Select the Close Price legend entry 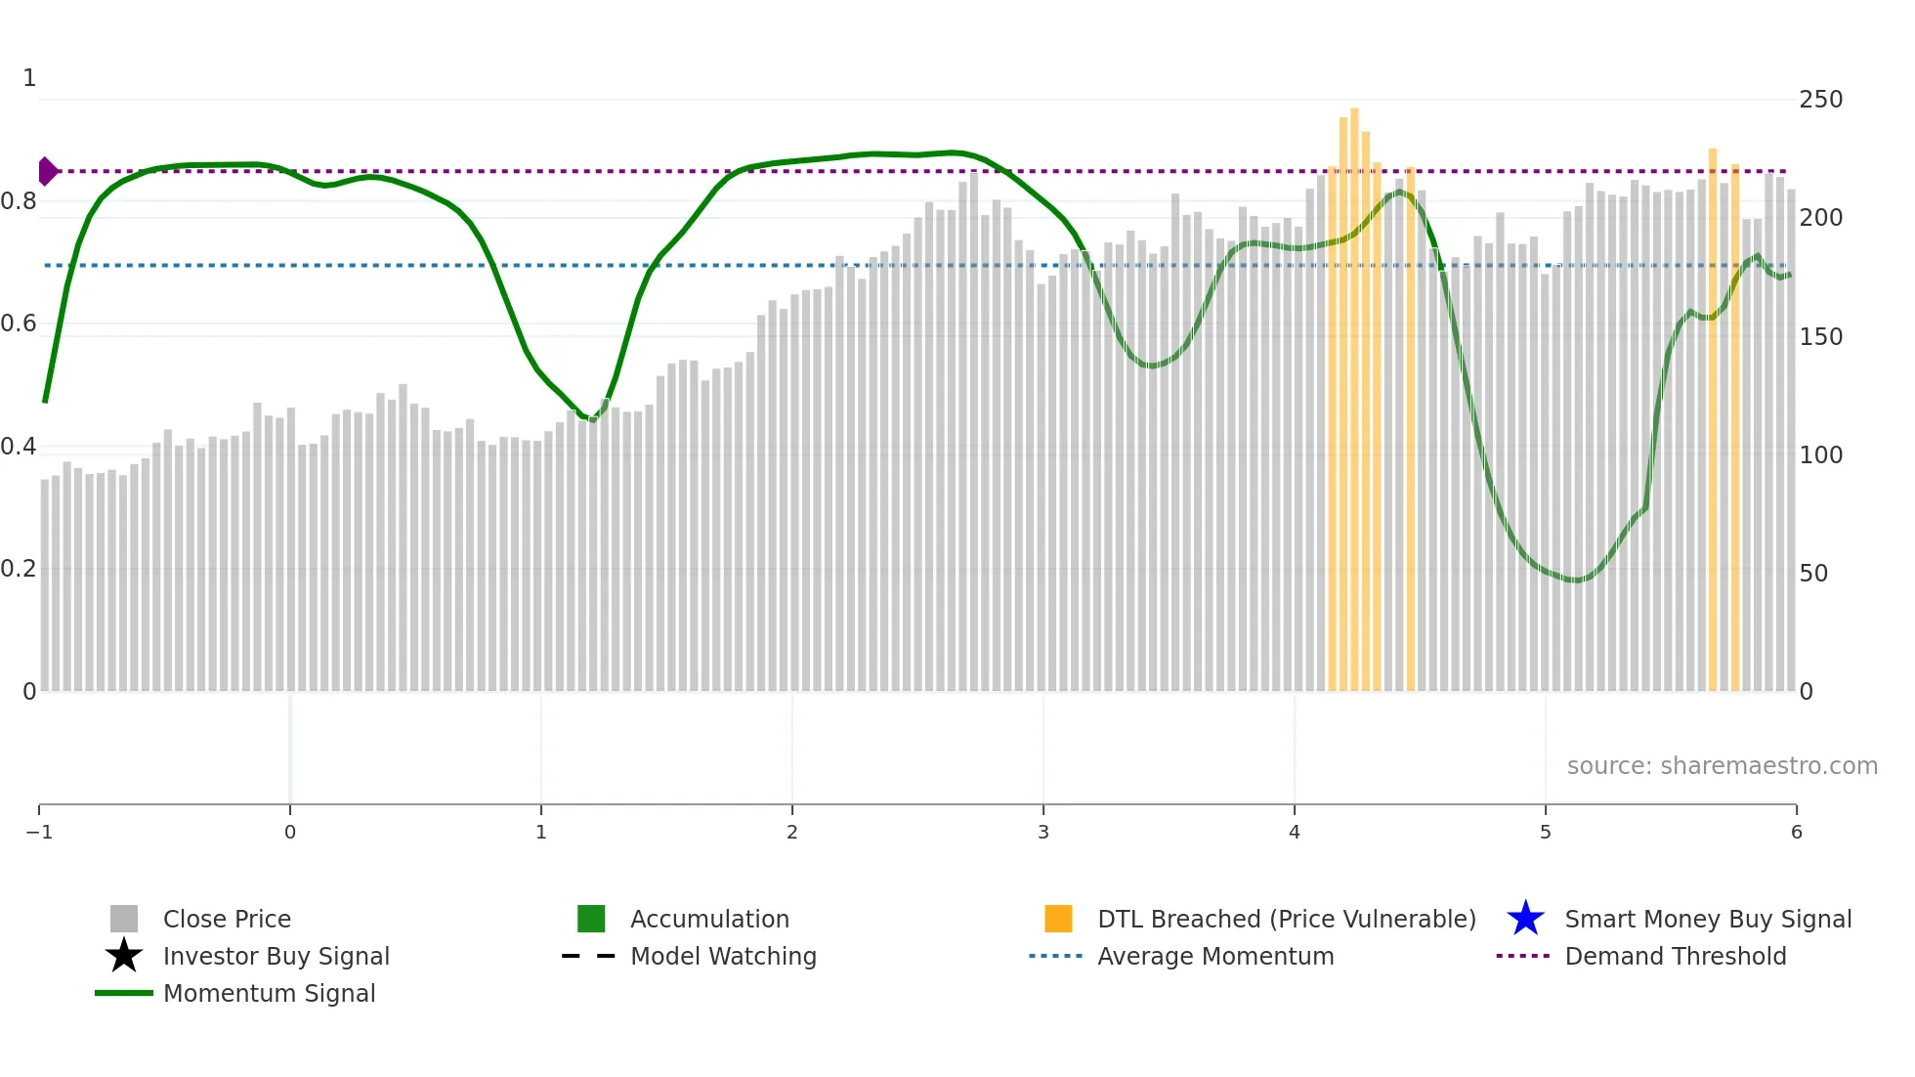point(227,919)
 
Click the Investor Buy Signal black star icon point(124,956)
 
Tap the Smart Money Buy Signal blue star point(1525,919)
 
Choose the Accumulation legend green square point(591,919)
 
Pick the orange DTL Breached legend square point(1058,919)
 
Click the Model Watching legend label point(723,956)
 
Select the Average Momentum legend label point(1215,956)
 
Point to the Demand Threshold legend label point(1675,956)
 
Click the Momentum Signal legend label point(269,993)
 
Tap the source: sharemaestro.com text point(1722,765)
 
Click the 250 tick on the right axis point(1820,100)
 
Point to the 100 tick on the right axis point(1820,454)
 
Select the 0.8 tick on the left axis point(20,201)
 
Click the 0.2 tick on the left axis point(20,569)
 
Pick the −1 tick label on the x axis point(39,832)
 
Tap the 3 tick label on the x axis point(1043,832)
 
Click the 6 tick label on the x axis point(1796,832)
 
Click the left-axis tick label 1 point(29,78)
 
